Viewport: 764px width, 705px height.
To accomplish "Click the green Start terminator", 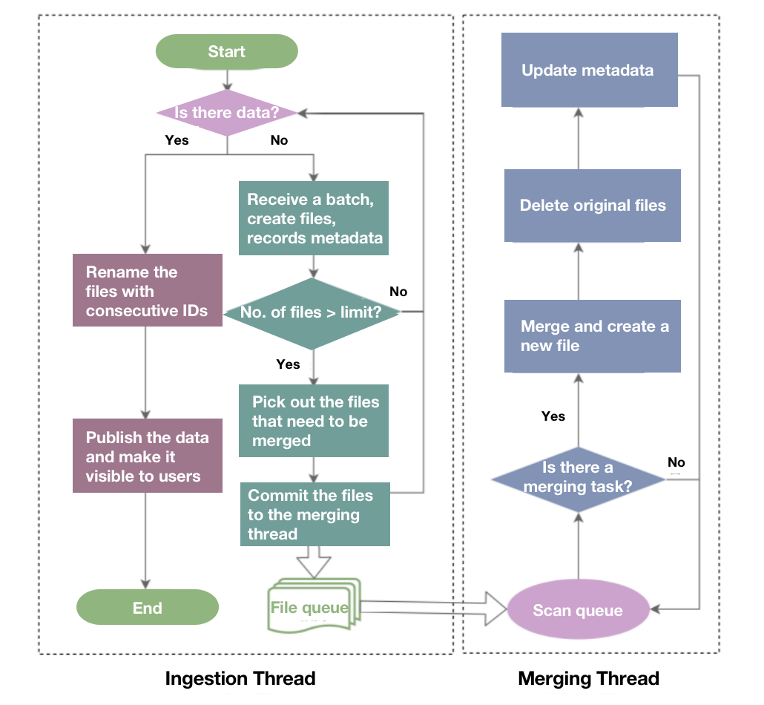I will [226, 52].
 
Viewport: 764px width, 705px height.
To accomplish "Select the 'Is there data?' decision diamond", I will [227, 113].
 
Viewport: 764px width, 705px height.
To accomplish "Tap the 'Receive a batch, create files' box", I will [315, 218].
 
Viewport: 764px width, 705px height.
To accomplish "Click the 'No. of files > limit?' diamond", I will [312, 312].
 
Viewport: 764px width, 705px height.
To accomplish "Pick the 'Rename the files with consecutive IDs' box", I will [148, 290].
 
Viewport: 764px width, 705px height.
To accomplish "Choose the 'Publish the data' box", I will [148, 456].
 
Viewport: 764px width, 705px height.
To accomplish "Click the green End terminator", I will [148, 609].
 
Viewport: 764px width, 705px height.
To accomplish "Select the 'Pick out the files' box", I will [315, 421].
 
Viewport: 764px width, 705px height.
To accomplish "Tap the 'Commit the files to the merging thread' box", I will [315, 514].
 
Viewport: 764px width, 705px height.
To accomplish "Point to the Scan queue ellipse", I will [578, 611].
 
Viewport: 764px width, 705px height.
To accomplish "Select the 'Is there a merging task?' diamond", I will [578, 478].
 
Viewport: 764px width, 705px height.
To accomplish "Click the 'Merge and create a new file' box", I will [592, 336].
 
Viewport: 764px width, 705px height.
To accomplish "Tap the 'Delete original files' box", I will [592, 206].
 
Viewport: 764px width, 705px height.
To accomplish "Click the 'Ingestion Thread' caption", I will [240, 678].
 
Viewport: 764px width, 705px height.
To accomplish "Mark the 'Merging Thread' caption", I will [588, 678].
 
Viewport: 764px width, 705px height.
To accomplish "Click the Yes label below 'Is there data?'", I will [177, 140].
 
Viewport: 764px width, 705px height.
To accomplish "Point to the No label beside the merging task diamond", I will [676, 462].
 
